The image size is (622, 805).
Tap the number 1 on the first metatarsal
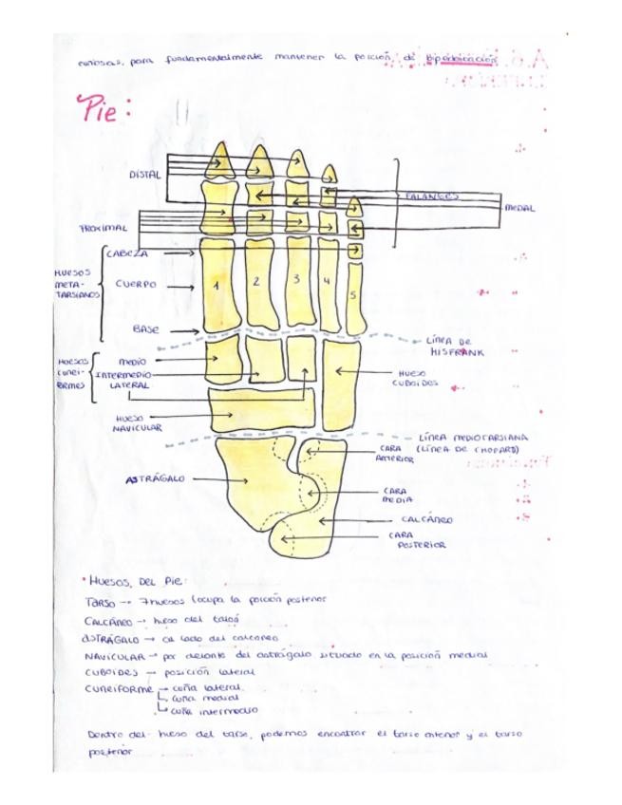pyautogui.click(x=217, y=285)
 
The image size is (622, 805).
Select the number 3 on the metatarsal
pyautogui.click(x=296, y=279)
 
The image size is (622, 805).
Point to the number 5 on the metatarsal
pyautogui.click(x=353, y=295)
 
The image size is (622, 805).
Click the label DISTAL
pyautogui.click(x=145, y=174)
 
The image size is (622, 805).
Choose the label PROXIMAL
pyautogui.click(x=103, y=229)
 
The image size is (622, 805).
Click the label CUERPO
pyautogui.click(x=135, y=283)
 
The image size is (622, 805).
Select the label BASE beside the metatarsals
pyautogui.click(x=145, y=328)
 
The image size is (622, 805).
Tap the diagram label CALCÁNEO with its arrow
pyautogui.click(x=426, y=520)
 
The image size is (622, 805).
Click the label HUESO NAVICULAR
pyautogui.click(x=139, y=422)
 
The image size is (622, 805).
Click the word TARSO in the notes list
pyautogui.click(x=100, y=602)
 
